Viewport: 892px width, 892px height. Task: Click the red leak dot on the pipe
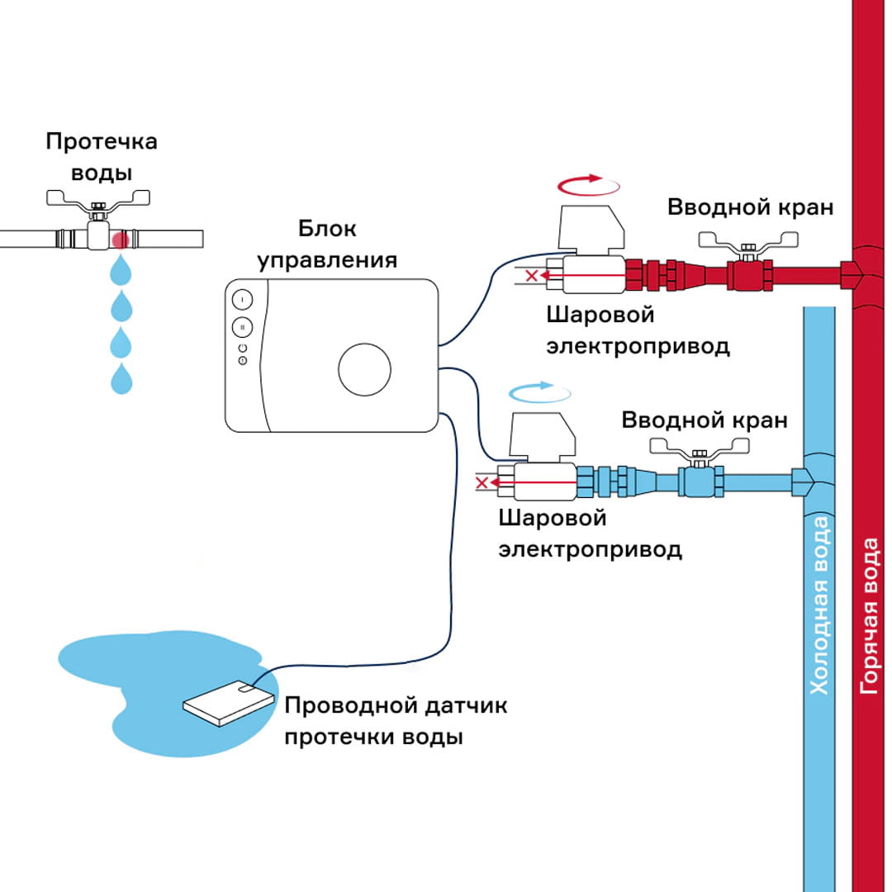tap(121, 240)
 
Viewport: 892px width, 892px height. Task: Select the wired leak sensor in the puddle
tap(228, 704)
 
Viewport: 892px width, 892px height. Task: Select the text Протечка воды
tap(102, 157)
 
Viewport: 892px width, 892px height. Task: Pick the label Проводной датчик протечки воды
tap(395, 721)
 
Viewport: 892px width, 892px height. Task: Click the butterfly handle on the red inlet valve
tap(750, 241)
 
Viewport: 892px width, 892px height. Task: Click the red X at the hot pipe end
tap(533, 275)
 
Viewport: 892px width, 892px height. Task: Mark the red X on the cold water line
tap(485, 482)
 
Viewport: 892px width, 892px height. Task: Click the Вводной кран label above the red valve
tap(750, 207)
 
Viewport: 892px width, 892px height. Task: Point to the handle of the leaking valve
tap(98, 199)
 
